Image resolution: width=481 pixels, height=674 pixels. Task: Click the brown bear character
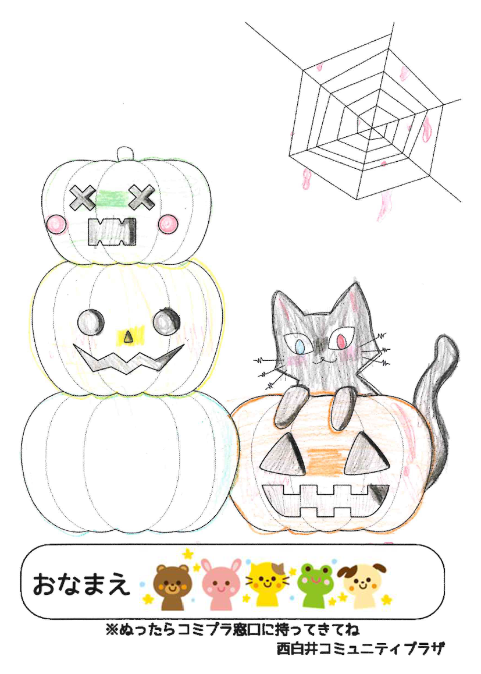tap(172, 586)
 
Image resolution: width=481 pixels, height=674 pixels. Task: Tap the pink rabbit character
tap(221, 584)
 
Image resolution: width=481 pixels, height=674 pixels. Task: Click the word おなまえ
tap(81, 584)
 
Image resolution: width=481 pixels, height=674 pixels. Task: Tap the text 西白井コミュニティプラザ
tap(361, 648)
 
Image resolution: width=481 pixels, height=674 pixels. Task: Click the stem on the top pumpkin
tap(126, 154)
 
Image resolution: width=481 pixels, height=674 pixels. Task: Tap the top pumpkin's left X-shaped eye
tap(83, 197)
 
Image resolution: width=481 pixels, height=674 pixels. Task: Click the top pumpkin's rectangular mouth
tap(112, 232)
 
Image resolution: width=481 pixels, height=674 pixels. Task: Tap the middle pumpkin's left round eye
tap(91, 321)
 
